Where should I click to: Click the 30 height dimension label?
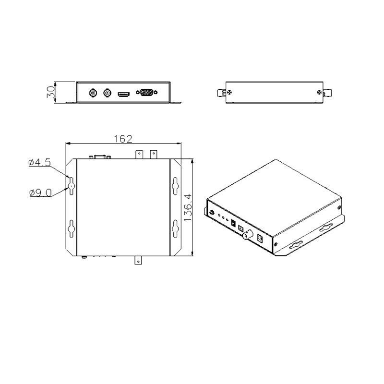(x=51, y=92)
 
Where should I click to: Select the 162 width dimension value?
(x=123, y=139)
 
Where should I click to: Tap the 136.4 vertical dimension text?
(x=188, y=208)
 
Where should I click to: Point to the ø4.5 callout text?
(x=39, y=162)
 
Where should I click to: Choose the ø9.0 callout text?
(x=40, y=193)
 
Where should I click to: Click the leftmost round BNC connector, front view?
(x=93, y=93)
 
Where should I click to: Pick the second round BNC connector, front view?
(x=107, y=93)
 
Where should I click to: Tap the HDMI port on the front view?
(x=124, y=94)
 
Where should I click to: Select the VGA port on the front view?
(x=147, y=93)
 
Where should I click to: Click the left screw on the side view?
(x=229, y=92)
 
